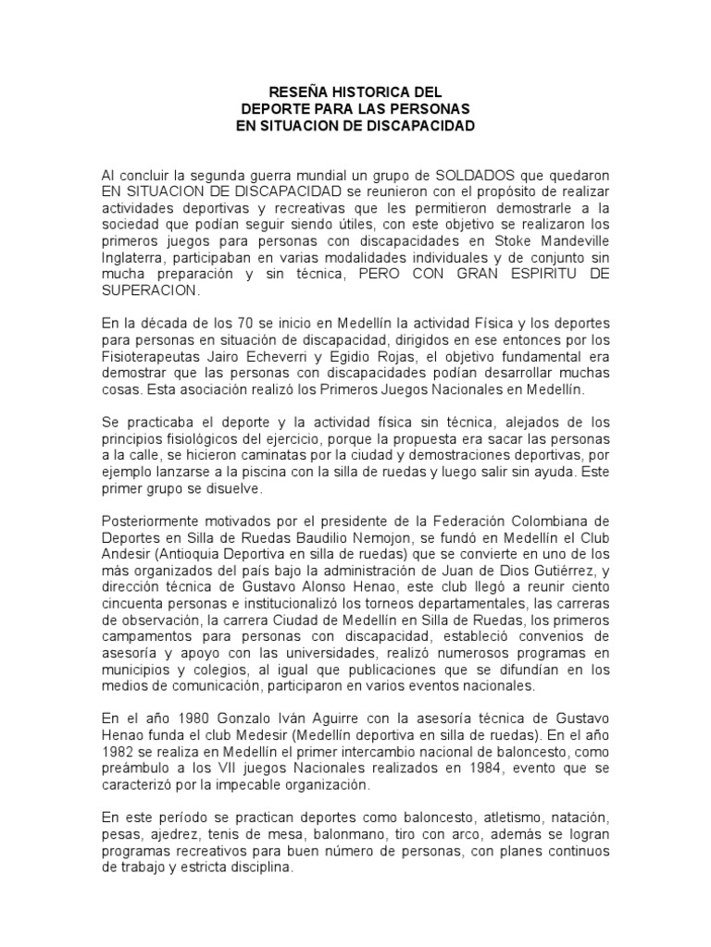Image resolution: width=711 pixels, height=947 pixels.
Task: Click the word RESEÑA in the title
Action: [293, 92]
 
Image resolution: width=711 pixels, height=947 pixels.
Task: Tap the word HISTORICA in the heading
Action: [370, 92]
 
